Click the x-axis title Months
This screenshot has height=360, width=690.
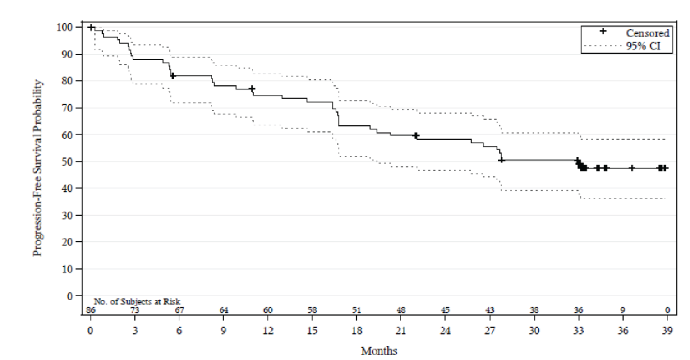click(379, 351)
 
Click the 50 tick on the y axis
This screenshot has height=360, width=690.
click(67, 162)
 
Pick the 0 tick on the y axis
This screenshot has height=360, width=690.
click(70, 296)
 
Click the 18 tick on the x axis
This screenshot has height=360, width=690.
click(357, 330)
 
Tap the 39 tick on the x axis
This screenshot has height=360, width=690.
click(667, 330)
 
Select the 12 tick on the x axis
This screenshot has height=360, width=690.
click(268, 330)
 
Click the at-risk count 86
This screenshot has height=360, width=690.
click(91, 310)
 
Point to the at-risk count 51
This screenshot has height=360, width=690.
click(357, 310)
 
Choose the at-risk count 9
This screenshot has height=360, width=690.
click(623, 310)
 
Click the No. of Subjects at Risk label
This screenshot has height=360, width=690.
click(140, 301)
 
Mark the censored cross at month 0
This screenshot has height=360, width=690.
click(91, 28)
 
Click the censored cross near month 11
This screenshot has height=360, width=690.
click(252, 88)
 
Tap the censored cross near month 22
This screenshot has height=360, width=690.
click(416, 135)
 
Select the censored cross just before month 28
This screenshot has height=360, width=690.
click(501, 160)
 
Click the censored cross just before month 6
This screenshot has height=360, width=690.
click(173, 76)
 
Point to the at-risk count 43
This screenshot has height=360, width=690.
click(490, 310)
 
